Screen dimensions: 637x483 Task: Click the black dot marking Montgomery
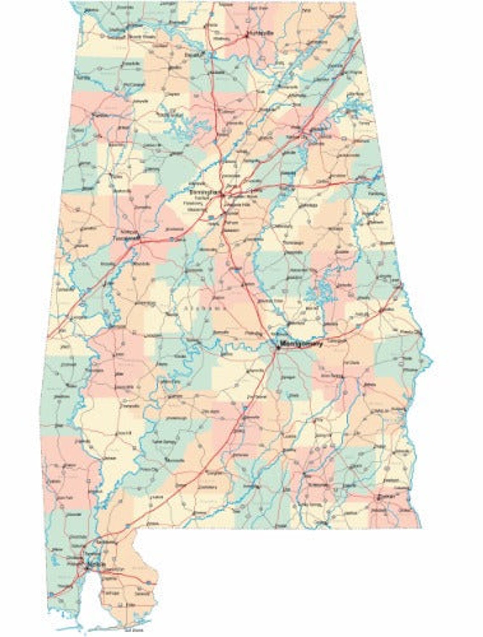click(278, 347)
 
